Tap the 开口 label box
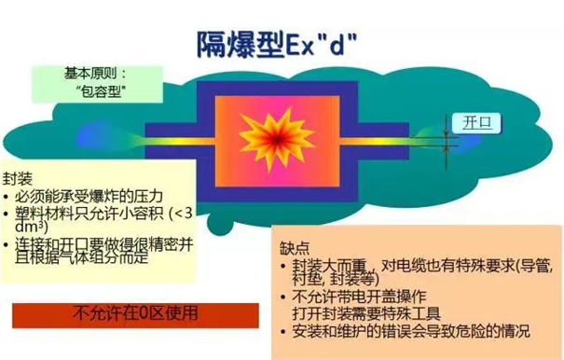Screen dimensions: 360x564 [463, 122]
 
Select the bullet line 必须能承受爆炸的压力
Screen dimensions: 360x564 [89, 197]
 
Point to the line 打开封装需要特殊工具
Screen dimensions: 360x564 [359, 316]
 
